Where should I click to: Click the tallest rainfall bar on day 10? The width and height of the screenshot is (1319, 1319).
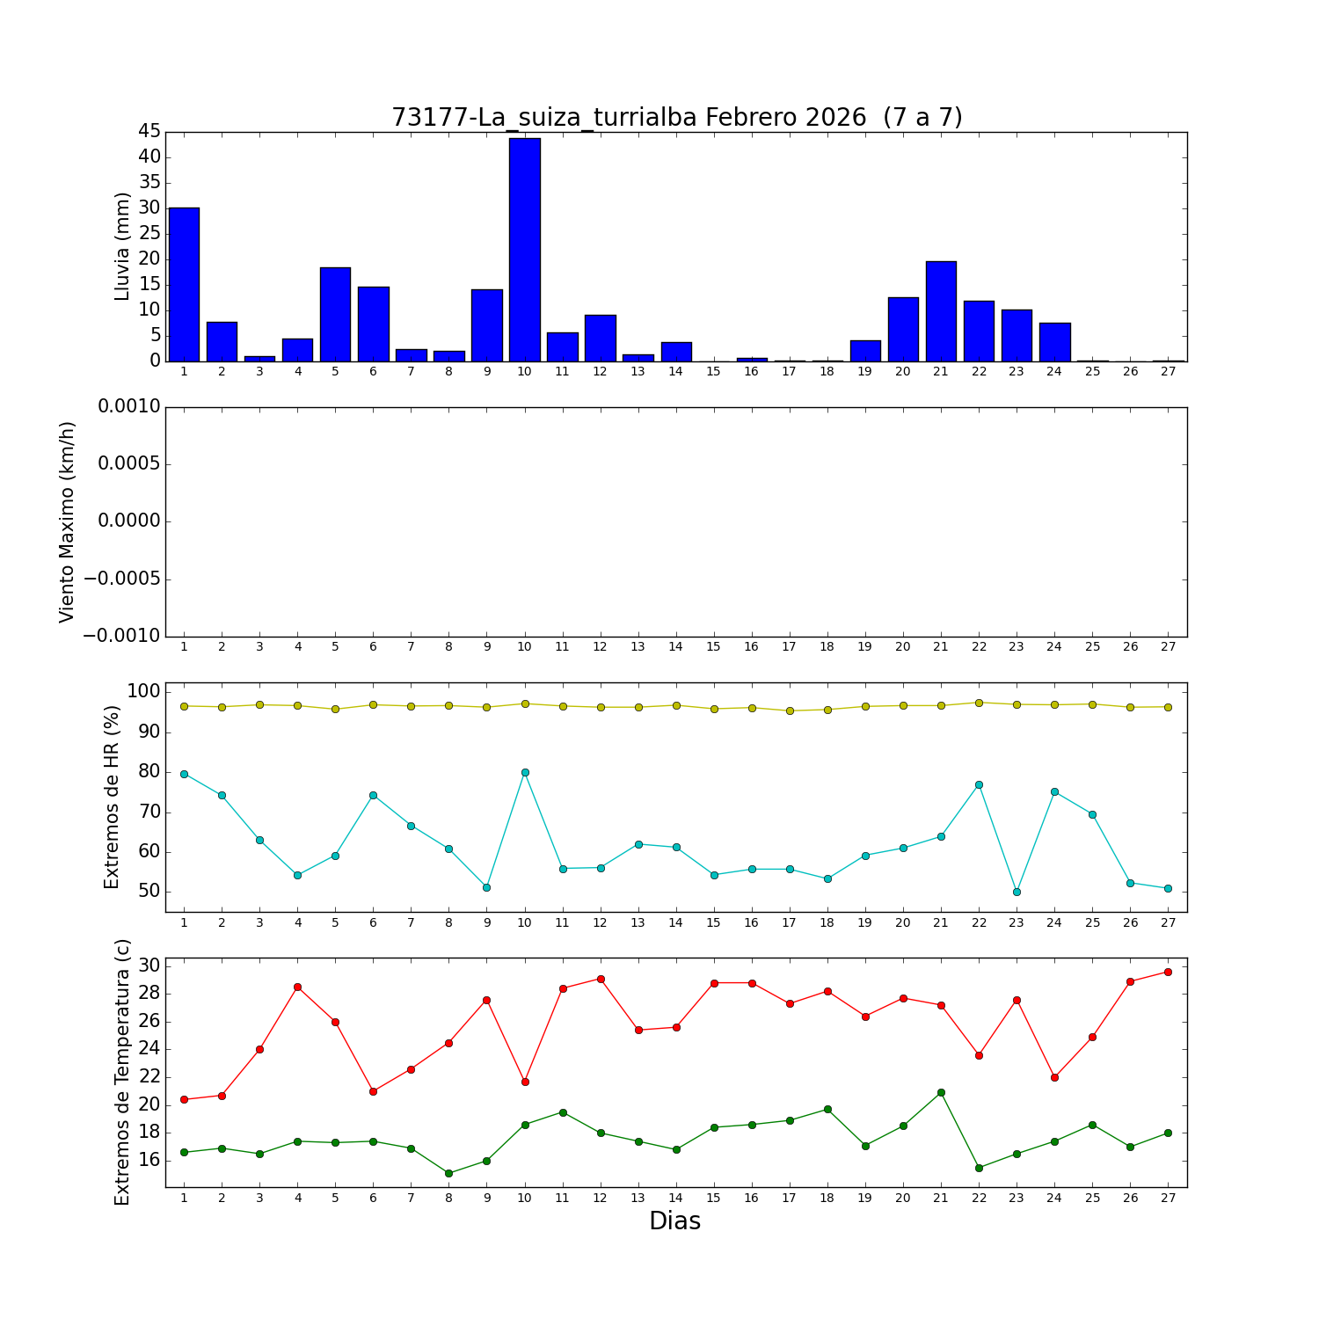point(524,250)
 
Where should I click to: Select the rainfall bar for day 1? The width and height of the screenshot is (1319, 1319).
point(184,284)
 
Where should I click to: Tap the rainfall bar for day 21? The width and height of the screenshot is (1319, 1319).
point(941,311)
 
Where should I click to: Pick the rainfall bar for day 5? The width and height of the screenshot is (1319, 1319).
point(335,314)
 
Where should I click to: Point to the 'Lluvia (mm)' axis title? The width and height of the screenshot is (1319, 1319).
point(123,246)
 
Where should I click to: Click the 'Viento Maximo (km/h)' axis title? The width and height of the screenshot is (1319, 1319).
point(68,522)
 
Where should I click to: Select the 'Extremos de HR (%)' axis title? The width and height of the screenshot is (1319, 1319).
point(112,797)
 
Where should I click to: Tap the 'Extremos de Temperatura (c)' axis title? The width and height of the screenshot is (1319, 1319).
point(122,1072)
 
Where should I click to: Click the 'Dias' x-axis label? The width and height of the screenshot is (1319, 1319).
point(674,1221)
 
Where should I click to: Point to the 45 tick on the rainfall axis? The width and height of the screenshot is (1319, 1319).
point(149,132)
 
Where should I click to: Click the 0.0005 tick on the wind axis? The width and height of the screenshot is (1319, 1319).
point(129,464)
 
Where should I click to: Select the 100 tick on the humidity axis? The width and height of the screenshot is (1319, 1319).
point(143,692)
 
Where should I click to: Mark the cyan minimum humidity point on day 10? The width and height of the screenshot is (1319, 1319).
point(525,772)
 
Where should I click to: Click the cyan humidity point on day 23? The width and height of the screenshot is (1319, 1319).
point(1017,892)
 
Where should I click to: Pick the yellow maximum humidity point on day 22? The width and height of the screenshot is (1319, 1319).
point(979,703)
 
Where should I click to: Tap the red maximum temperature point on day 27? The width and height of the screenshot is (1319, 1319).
point(1168,972)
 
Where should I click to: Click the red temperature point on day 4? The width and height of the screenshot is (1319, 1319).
point(297,987)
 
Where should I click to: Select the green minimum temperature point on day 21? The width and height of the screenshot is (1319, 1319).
point(941,1092)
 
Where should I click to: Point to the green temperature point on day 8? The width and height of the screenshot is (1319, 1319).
point(448,1173)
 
